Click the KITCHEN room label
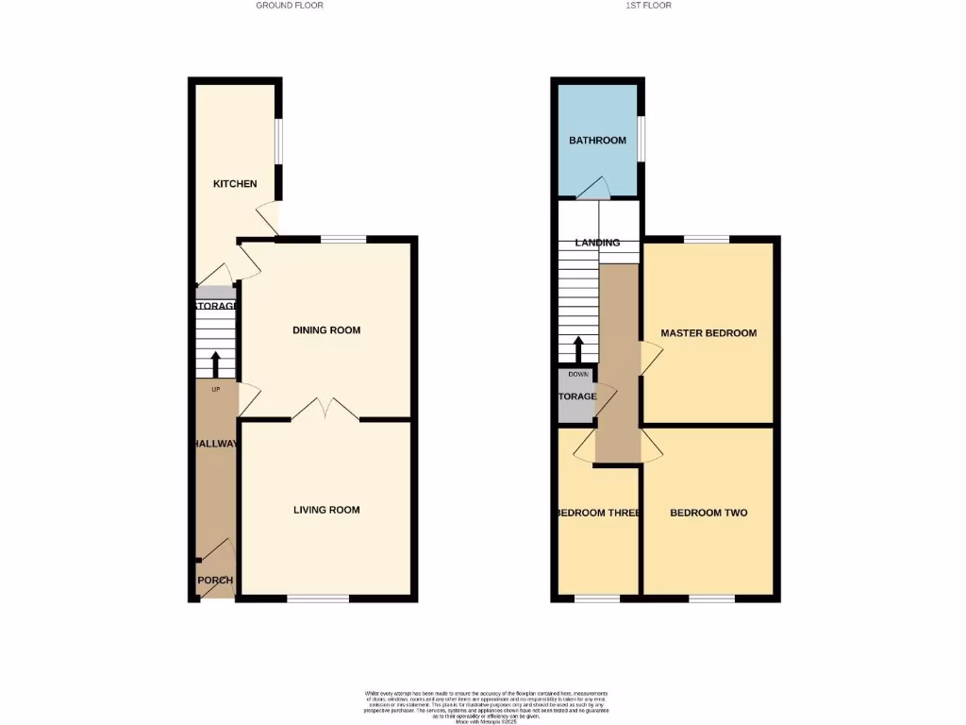tap(235, 183)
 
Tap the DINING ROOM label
tap(326, 330)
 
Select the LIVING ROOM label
tap(326, 511)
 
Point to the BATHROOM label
tap(597, 141)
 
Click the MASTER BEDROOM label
tap(708, 333)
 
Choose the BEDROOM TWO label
tap(708, 514)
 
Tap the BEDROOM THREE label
tap(598, 514)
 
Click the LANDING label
tap(598, 243)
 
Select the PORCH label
tap(215, 581)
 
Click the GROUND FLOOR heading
tap(290, 6)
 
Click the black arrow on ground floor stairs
tap(215, 363)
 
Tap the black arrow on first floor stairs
tap(578, 348)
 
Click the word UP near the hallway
tap(215, 389)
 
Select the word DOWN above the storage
tap(578, 375)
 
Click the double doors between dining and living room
tap(325, 409)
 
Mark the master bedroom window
tap(707, 239)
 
